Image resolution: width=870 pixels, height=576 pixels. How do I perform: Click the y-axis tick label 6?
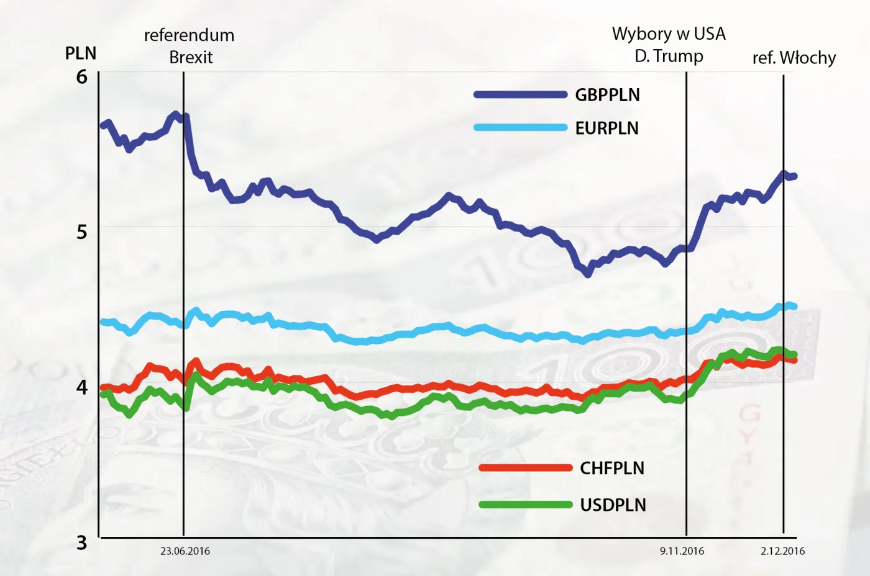[81, 77]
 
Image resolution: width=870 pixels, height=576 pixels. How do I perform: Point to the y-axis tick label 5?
[81, 232]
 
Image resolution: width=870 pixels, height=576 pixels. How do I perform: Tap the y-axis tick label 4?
[81, 387]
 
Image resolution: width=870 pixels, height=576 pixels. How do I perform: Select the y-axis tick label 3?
[81, 543]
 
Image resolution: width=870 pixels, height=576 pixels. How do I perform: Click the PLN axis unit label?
[81, 53]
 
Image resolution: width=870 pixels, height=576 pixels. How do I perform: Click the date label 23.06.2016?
[185, 551]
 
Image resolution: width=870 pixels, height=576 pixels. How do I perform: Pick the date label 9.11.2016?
[682, 551]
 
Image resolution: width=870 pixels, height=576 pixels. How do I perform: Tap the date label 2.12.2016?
[782, 551]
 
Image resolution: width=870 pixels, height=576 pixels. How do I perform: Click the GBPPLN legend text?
[607, 95]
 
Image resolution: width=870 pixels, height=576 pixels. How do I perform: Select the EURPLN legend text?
[607, 128]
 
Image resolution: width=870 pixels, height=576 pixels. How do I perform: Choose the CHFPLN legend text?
[611, 469]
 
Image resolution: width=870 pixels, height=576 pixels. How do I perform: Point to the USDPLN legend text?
[613, 505]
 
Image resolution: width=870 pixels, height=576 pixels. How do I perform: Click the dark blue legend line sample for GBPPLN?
[520, 95]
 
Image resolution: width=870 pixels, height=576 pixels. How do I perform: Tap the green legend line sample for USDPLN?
[525, 505]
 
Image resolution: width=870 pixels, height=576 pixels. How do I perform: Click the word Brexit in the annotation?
[191, 58]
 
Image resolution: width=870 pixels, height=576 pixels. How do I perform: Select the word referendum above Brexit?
[189, 35]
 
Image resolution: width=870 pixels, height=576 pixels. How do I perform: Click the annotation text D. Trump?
[669, 56]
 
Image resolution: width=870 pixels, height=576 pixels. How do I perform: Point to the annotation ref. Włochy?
[794, 58]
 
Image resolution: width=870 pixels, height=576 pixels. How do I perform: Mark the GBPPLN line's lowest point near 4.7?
[588, 273]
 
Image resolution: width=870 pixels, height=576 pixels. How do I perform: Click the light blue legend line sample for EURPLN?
[520, 128]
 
